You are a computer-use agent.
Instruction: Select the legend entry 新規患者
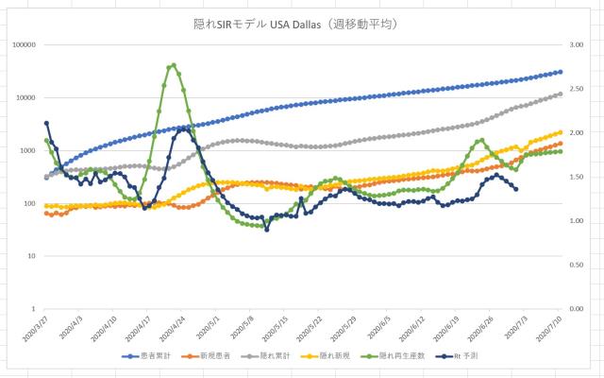click(x=211, y=356)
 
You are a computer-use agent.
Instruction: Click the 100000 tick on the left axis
click(x=23, y=44)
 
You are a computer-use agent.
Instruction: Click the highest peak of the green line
click(x=172, y=65)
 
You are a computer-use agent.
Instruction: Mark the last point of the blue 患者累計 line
click(x=560, y=72)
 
